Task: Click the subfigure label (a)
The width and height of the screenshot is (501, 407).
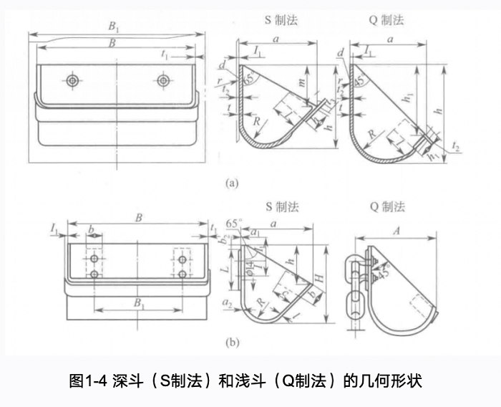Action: click(231, 183)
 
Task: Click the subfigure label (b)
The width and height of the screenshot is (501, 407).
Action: click(231, 343)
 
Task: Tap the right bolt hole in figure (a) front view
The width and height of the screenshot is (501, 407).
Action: click(164, 79)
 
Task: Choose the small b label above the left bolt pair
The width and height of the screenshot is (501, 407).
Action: click(91, 229)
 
